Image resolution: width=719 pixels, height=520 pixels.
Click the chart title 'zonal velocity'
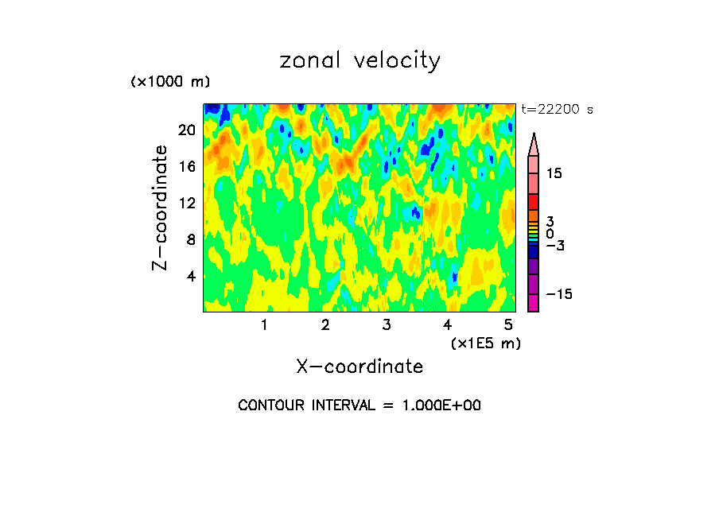click(x=359, y=61)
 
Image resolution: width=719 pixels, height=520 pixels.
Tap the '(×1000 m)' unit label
click(x=170, y=83)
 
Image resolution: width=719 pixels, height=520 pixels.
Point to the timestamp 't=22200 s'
click(x=557, y=111)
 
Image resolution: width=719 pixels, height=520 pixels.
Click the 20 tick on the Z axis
click(x=186, y=130)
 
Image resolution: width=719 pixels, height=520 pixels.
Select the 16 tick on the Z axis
click(x=186, y=167)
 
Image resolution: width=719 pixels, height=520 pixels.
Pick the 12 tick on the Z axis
click(x=186, y=204)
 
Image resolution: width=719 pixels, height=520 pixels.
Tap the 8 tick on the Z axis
click(x=190, y=240)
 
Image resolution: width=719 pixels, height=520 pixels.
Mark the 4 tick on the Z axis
click(x=190, y=277)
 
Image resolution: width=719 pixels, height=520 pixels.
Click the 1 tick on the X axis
click(x=264, y=324)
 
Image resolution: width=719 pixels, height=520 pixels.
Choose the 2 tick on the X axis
click(x=325, y=324)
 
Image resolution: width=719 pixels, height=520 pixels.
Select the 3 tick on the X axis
click(x=387, y=324)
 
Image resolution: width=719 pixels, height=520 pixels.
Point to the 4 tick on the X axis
click(x=448, y=324)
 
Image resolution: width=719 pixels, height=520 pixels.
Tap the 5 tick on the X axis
click(x=508, y=324)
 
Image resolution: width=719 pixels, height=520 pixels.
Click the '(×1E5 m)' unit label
click(x=485, y=343)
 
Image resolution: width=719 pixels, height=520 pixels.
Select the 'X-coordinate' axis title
click(x=359, y=367)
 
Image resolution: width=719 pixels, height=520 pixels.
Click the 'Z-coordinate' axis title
click(x=160, y=208)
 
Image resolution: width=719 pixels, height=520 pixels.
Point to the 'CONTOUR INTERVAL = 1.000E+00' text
click(x=359, y=406)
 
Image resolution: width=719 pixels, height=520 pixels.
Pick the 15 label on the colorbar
click(x=554, y=173)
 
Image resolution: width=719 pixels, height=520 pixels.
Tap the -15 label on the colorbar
click(x=558, y=295)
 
